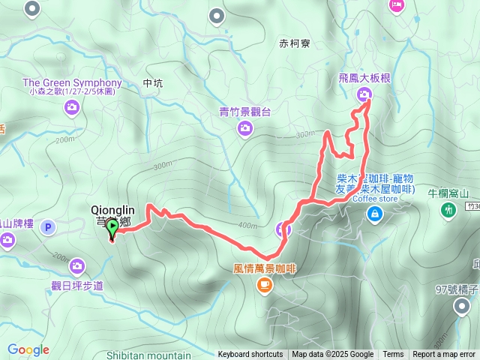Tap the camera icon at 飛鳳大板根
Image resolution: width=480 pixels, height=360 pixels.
coord(364,94)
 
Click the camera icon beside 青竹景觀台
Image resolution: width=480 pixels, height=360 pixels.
coord(244,129)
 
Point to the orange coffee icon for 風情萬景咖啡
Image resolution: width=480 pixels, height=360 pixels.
coord(264,284)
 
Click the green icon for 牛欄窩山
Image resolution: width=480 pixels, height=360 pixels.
coord(448,209)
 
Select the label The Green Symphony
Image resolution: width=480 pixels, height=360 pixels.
coord(72,82)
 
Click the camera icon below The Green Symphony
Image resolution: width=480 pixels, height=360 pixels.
coord(71,108)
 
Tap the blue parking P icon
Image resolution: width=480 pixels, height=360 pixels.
coord(49,226)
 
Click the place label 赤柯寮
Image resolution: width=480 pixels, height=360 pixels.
coord(293,43)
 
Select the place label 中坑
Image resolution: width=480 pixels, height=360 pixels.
coord(151,84)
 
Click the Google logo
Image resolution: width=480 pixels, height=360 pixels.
coord(28,349)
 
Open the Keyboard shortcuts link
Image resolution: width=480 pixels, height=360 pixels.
coord(250,355)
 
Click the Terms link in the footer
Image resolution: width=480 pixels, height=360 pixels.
coord(393,355)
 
